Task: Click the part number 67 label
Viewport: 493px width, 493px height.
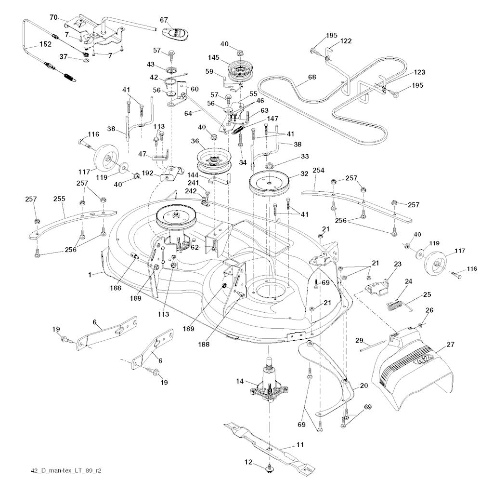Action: pos(164,20)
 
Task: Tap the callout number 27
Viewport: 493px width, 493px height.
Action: pos(450,344)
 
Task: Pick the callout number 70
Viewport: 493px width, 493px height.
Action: pos(53,17)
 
